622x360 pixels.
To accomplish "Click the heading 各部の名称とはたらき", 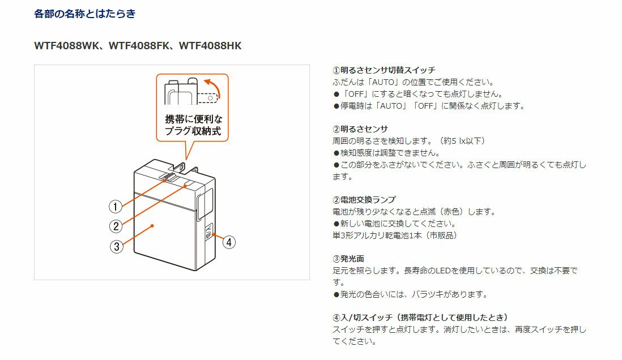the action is point(84,14).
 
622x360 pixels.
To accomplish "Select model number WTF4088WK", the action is point(66,46).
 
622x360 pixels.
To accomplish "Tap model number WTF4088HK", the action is point(210,46).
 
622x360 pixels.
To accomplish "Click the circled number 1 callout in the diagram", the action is point(116,207).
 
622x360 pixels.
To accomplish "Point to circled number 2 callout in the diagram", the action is point(116,226).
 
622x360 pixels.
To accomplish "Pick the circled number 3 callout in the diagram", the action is point(116,247).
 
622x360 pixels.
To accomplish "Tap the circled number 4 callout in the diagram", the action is point(229,242).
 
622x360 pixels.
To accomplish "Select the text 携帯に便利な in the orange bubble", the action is point(194,119).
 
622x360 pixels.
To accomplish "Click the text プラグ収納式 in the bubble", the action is point(193,131).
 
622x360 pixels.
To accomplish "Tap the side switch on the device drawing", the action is point(208,232).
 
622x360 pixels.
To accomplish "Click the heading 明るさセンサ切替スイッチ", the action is point(387,70).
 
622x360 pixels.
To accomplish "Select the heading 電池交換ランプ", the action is point(368,200).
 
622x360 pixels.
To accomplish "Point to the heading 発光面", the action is point(352,259).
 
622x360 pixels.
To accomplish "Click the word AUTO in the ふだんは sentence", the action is point(383,82).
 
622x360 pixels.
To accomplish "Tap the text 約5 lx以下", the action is point(462,141).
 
